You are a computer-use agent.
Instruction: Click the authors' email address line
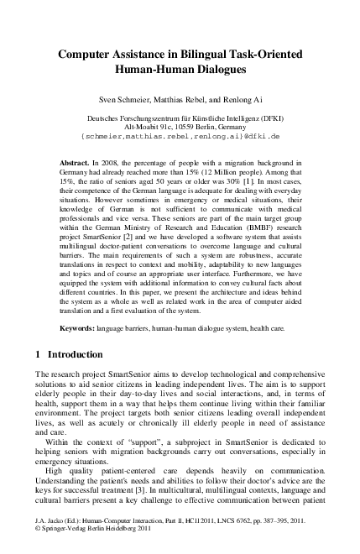tap(180, 135)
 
